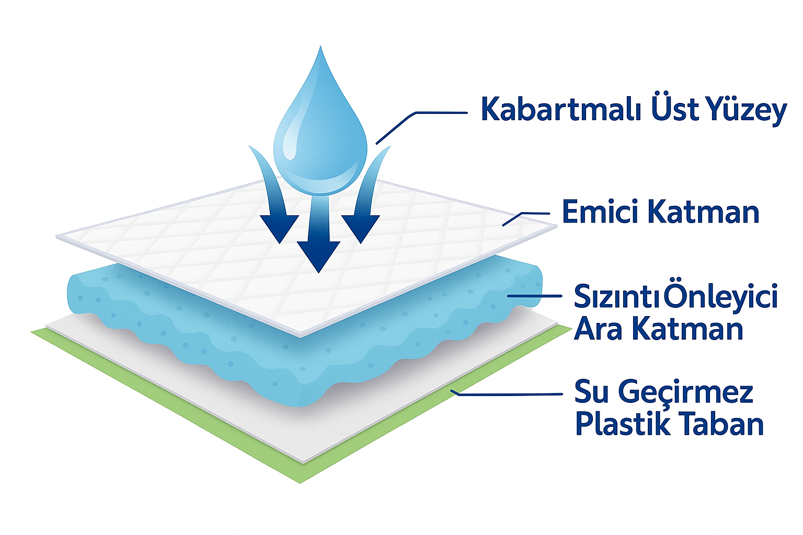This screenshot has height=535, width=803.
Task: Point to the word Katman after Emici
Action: (704, 212)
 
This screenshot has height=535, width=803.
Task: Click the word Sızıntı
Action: (616, 297)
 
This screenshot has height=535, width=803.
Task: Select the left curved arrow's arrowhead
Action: (279, 228)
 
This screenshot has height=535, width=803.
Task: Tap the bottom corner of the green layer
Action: (300, 483)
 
